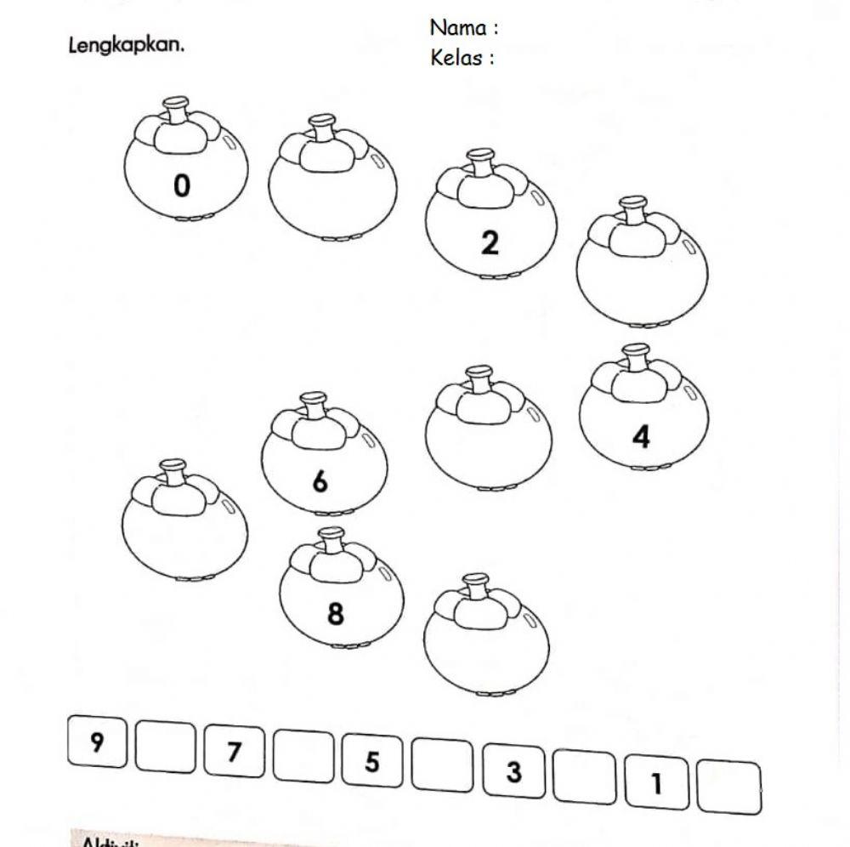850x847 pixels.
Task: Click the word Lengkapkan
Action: coord(126,44)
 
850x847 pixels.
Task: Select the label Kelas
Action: coord(459,58)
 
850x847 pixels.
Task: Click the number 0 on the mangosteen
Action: coord(182,185)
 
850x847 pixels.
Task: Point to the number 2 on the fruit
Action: coord(490,242)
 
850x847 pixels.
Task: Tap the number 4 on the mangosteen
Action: coord(641,436)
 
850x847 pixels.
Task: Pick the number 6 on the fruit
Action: coord(320,481)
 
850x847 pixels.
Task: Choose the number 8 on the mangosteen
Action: coord(336,613)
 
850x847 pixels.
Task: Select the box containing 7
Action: coord(234,752)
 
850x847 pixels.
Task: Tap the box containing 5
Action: coord(372,761)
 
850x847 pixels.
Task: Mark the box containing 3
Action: coord(513,772)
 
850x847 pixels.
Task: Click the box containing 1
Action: coord(656,782)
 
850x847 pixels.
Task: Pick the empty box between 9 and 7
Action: coord(165,747)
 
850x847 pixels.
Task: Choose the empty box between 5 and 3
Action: coord(443,766)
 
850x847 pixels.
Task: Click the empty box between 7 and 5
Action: coord(303,756)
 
